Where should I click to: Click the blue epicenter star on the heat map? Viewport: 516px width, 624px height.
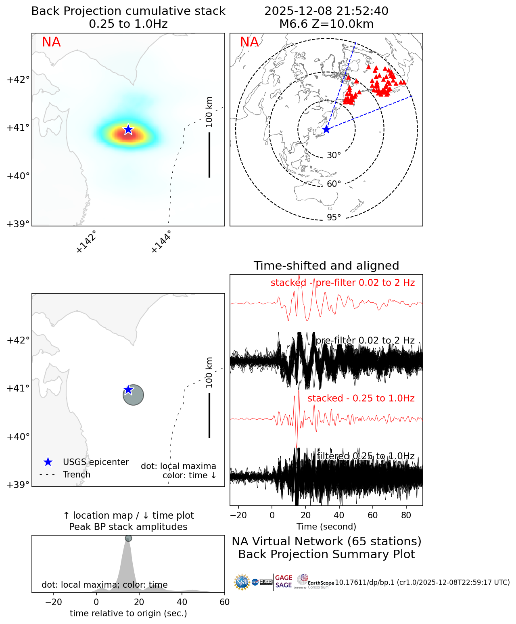click(x=128, y=129)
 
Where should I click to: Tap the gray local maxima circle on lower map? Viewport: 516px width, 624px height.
click(x=134, y=395)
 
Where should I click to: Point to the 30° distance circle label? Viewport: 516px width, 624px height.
click(x=334, y=155)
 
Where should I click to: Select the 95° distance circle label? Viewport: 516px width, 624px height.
click(x=334, y=218)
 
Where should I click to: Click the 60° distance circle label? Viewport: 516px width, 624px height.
click(x=334, y=184)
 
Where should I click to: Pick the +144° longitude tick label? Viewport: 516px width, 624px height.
click(x=161, y=242)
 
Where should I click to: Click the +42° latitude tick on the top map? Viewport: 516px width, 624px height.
click(x=18, y=80)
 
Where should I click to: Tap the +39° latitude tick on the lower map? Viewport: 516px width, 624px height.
click(x=18, y=484)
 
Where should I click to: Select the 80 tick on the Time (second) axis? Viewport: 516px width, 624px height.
click(x=406, y=515)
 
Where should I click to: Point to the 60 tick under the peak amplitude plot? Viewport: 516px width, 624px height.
click(x=225, y=602)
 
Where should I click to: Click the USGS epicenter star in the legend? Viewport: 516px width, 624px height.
click(x=48, y=462)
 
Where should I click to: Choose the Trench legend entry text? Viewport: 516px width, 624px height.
click(x=77, y=475)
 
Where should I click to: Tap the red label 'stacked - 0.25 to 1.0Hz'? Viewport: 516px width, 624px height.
click(x=361, y=398)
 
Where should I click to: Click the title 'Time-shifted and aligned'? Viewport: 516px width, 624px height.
click(x=326, y=266)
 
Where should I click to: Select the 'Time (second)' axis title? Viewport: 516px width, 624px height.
click(x=326, y=527)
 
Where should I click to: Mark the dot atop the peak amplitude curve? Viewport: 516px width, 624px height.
click(x=128, y=538)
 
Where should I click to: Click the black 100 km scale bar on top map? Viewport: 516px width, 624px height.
click(x=209, y=155)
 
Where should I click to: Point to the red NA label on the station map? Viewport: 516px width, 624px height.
click(x=249, y=42)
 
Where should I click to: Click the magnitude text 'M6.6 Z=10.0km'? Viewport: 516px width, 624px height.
click(x=326, y=24)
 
